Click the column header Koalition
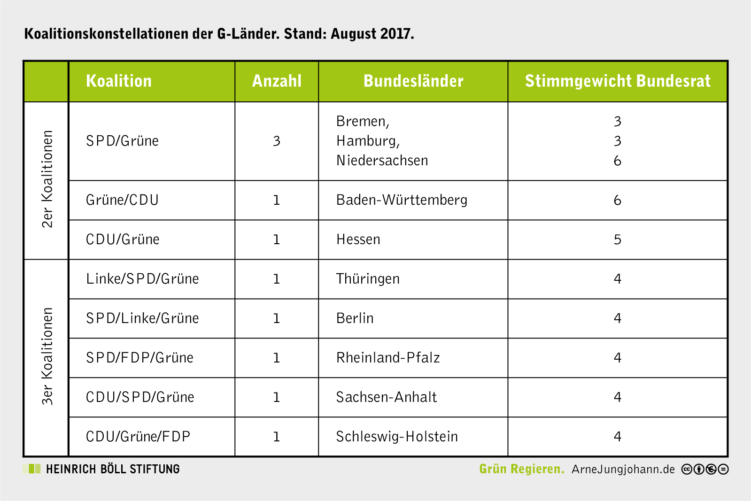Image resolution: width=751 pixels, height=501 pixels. pos(119,81)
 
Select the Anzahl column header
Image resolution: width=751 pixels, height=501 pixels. pos(277,81)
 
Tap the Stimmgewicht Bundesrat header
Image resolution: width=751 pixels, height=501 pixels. pos(618,81)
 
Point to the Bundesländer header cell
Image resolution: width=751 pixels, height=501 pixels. pos(413,81)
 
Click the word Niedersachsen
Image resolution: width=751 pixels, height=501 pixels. pos(382,161)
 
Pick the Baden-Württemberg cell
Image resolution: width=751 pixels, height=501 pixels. pos(402,200)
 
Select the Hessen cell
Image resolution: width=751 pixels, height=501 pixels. pos(358,239)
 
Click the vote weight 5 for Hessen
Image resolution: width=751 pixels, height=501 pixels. pos(617,239)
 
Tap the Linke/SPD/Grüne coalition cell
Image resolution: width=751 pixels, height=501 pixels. pos(142,279)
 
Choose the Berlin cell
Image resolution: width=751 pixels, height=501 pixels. pos(355,318)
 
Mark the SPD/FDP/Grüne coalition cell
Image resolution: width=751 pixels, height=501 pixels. pos(139,358)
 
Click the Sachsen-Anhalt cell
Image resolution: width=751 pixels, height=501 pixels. pos(386,397)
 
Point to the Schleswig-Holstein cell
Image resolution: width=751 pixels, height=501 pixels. pos(396,437)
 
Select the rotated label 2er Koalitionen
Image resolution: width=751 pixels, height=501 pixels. pos(47,179)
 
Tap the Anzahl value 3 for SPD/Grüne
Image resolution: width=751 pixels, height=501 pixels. pos(276,141)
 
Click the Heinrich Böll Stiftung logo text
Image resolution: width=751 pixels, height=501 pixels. pos(113,469)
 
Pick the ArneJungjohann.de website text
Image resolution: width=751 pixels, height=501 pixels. pos(623,469)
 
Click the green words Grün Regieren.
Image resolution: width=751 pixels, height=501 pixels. pos(521,469)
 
